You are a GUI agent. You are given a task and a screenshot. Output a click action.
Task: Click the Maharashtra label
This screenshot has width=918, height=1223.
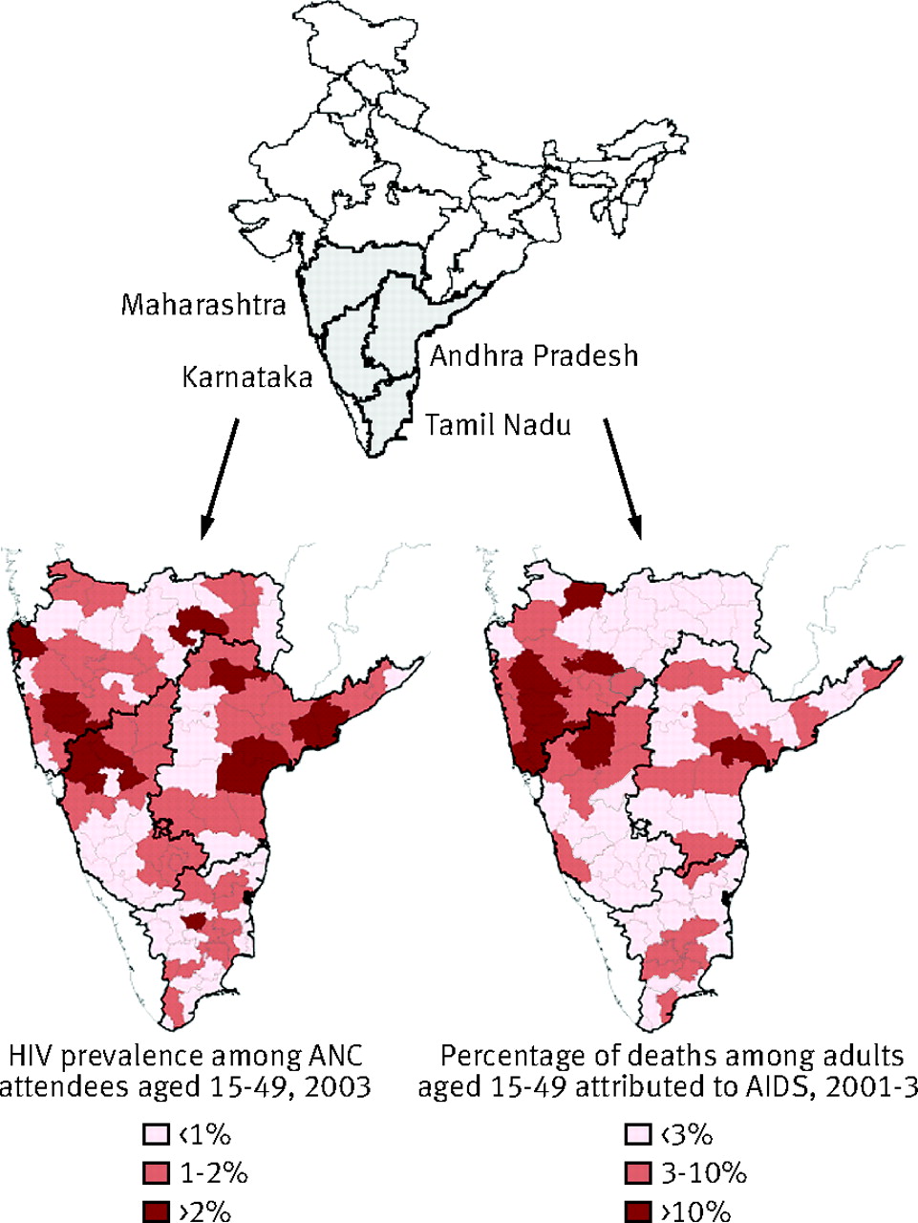click(x=203, y=305)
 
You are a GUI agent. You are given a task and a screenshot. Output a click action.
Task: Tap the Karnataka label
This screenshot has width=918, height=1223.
click(x=247, y=377)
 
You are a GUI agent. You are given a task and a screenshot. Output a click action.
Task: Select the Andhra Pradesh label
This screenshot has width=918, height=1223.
click(x=533, y=356)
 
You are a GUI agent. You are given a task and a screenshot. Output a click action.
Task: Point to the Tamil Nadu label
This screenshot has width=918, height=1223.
click(x=498, y=424)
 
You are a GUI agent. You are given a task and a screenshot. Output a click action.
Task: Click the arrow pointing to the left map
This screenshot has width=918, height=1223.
click(x=219, y=478)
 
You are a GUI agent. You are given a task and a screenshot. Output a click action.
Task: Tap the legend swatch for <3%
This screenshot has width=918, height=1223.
click(x=636, y=1135)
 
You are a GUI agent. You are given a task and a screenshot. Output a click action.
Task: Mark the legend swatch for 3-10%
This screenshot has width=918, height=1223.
click(x=636, y=1172)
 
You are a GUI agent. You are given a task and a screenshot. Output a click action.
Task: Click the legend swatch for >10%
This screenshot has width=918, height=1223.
click(x=636, y=1210)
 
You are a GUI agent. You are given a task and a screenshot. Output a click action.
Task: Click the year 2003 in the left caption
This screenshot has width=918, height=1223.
click(x=336, y=1087)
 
